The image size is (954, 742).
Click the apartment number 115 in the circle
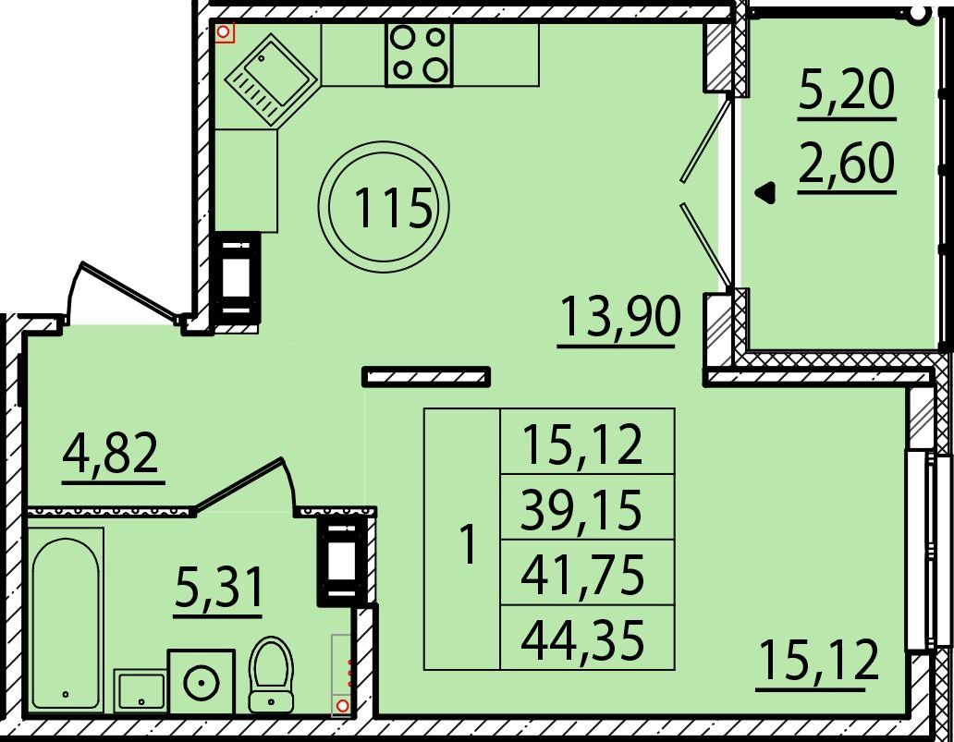coord(393,207)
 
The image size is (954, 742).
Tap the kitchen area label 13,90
coord(618,316)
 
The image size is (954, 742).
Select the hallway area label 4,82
coord(111,453)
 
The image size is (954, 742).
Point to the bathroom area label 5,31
coord(219,588)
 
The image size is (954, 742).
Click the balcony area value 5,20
coord(847,90)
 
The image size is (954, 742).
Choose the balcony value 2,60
coord(847,162)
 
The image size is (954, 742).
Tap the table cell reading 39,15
coord(581,508)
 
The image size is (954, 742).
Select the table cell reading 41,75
coord(582,574)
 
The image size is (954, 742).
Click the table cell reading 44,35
coord(582,639)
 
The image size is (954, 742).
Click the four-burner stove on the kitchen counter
coord(419,55)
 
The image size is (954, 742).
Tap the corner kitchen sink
coord(270,79)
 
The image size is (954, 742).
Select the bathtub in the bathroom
coord(66,620)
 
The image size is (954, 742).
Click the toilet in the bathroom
coord(271,675)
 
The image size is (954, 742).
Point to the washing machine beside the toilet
coord(202,681)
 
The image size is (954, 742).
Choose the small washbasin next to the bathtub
coord(141,691)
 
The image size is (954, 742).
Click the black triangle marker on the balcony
coord(765,193)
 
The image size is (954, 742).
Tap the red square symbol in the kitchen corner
coord(226,33)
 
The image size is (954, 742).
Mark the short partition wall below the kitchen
coord(426,376)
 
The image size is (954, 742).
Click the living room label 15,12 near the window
coord(819,661)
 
